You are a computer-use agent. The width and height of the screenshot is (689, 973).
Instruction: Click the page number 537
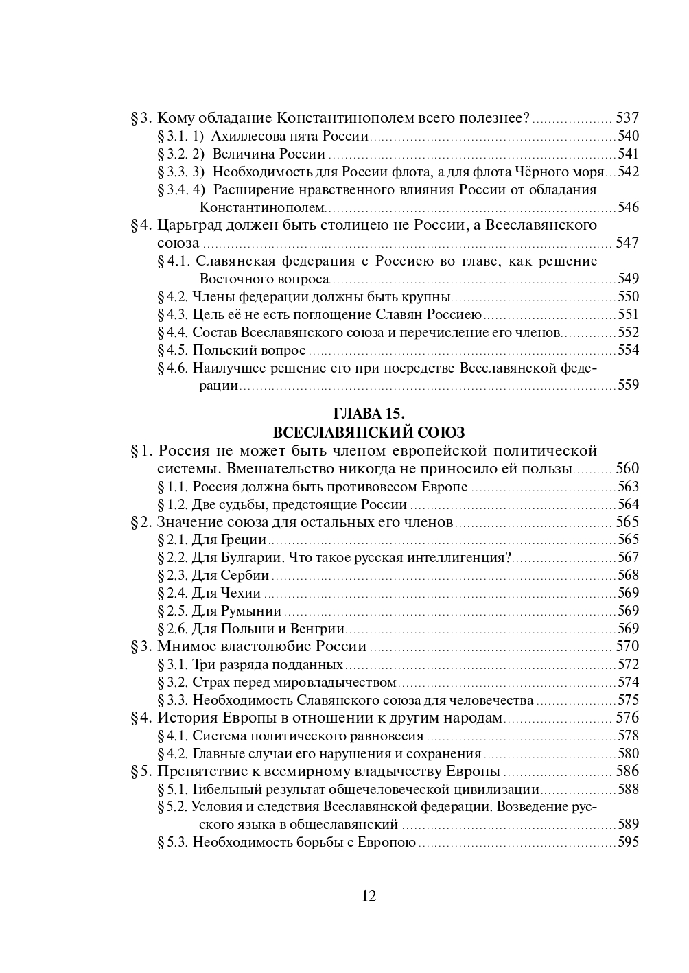(627, 117)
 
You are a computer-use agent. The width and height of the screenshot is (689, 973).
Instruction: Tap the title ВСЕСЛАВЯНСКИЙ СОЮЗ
(369, 432)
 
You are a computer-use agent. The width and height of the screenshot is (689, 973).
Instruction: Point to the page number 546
(628, 207)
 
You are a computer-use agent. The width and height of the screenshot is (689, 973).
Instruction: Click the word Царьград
(194, 225)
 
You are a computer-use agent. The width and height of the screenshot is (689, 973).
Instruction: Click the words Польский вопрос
(249, 350)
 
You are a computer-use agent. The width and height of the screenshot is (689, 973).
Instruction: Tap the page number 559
(628, 386)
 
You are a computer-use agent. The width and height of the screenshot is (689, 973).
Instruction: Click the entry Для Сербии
(231, 575)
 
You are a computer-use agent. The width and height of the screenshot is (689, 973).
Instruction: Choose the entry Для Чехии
(226, 593)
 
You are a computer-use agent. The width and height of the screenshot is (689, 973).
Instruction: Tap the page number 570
(627, 646)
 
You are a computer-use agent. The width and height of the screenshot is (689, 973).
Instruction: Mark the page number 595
(628, 843)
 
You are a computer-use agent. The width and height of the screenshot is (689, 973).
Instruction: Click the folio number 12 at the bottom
(369, 896)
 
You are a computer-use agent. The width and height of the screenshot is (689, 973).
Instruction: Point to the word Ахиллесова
(243, 136)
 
